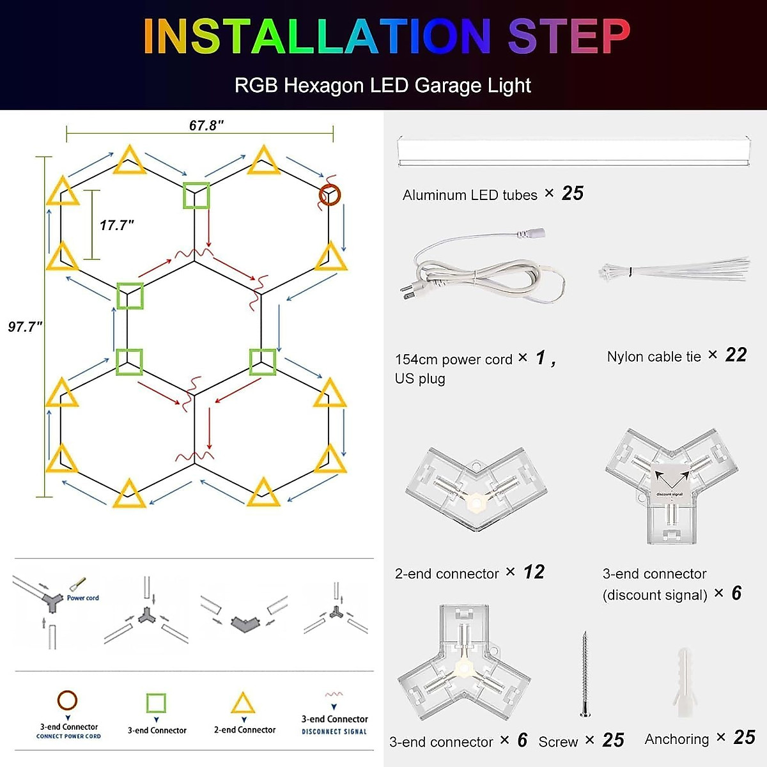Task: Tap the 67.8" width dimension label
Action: pyautogui.click(x=206, y=125)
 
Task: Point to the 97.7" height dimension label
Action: pyautogui.click(x=25, y=327)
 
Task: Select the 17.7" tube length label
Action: pyautogui.click(x=116, y=225)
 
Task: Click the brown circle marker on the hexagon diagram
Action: pyautogui.click(x=330, y=195)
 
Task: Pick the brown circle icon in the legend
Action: pyautogui.click(x=67, y=701)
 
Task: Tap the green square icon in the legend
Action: pyautogui.click(x=156, y=703)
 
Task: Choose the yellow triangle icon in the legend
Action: pyautogui.click(x=243, y=704)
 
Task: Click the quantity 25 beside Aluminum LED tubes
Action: pyautogui.click(x=572, y=194)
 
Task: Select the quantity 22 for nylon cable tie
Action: pyautogui.click(x=736, y=355)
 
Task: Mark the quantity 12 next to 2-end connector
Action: pyautogui.click(x=534, y=572)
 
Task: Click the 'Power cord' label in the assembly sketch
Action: pyautogui.click(x=83, y=598)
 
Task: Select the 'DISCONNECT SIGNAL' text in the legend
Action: pyautogui.click(x=334, y=732)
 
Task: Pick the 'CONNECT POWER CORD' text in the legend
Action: pyautogui.click(x=68, y=736)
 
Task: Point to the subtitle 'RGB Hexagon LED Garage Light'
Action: pyautogui.click(x=382, y=86)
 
